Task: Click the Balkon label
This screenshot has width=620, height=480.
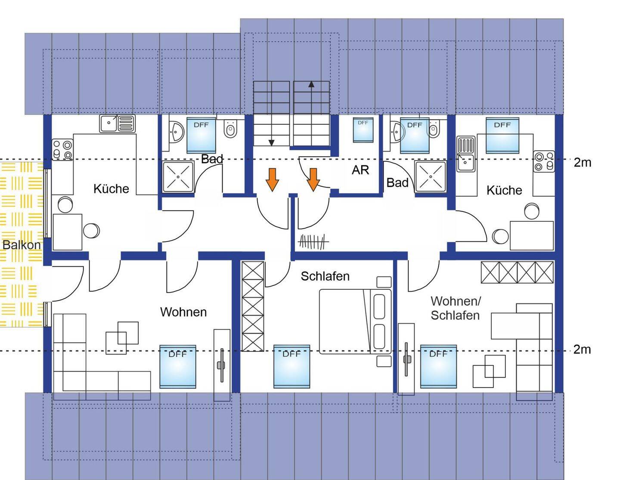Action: tap(22, 245)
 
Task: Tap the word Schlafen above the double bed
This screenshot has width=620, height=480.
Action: tap(325, 276)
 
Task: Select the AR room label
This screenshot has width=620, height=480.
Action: tap(360, 170)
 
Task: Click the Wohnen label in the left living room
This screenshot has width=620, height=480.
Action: tap(183, 312)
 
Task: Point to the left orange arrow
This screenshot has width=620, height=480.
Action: tap(272, 180)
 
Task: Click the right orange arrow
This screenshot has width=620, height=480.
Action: tap(313, 180)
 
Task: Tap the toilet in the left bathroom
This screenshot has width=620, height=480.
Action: tap(230, 128)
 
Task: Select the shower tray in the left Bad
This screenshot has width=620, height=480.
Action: tap(178, 177)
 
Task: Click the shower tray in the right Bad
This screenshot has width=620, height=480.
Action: tap(431, 177)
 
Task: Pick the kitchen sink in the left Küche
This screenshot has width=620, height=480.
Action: tap(117, 124)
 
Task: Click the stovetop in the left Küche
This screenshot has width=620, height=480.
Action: tap(62, 150)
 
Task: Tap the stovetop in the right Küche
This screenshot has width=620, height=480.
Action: tap(544, 161)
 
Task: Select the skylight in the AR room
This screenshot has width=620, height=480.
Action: tap(363, 130)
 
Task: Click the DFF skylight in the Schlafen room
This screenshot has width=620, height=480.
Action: tap(291, 366)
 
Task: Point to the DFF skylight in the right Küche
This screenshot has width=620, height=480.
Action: tap(502, 135)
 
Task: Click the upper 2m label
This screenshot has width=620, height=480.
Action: tap(583, 163)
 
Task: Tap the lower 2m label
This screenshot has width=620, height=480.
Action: tap(582, 350)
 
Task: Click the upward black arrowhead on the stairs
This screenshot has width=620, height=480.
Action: tap(311, 84)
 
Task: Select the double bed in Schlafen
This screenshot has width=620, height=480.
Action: tap(355, 322)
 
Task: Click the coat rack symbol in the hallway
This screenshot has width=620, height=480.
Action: tap(313, 242)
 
